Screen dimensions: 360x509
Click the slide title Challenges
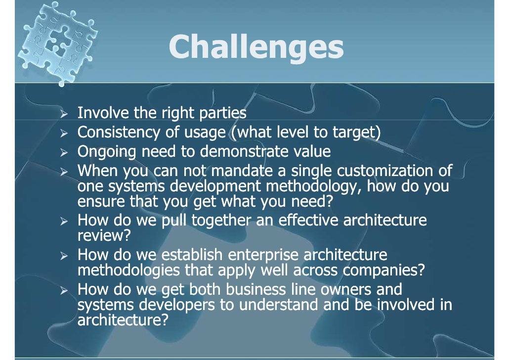coord(255,47)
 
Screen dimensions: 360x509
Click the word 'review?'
coord(104,236)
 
